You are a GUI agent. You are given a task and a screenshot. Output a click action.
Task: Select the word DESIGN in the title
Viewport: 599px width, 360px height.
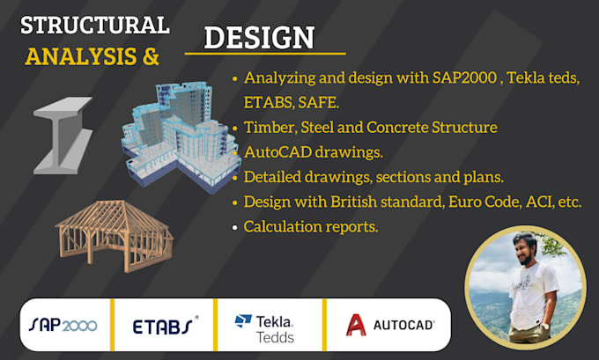(259, 38)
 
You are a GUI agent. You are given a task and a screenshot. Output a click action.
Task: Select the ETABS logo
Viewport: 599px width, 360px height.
(165, 326)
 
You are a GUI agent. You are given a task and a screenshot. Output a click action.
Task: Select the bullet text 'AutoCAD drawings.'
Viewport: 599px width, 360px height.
(314, 151)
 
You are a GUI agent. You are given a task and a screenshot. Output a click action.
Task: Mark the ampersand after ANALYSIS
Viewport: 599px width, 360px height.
(150, 56)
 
